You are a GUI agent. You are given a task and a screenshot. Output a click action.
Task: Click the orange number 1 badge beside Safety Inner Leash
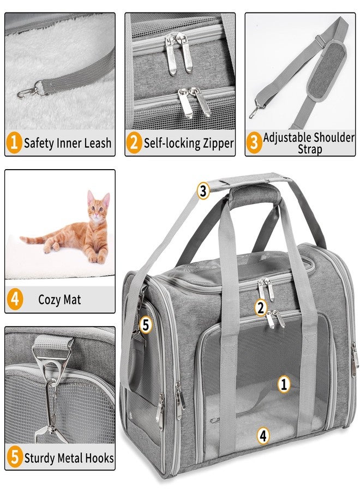click(x=14, y=143)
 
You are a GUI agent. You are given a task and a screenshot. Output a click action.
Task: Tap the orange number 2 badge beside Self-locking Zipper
click(x=134, y=143)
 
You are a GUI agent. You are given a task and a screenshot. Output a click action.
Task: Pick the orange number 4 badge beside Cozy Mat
click(x=14, y=300)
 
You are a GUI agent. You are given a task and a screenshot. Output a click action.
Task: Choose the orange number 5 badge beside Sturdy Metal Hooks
click(x=14, y=458)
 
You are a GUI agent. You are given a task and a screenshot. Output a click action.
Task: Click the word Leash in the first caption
click(x=97, y=143)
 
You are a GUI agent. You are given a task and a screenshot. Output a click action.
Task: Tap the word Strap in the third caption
click(x=310, y=149)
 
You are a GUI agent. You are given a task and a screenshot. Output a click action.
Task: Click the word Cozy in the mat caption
click(x=49, y=300)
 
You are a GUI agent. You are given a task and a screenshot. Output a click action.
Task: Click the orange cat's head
click(x=98, y=206)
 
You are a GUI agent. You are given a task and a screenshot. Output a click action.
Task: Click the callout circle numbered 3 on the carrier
click(x=203, y=190)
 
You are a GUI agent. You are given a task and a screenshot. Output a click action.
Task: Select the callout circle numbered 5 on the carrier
click(x=146, y=325)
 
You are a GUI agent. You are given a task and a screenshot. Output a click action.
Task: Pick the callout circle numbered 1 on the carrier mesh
click(x=284, y=384)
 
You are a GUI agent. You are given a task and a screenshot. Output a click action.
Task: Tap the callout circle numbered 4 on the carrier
click(x=263, y=435)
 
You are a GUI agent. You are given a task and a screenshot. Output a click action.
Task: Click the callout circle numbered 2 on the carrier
click(x=261, y=308)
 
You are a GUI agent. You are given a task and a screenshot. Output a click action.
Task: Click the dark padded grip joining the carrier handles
click(x=254, y=195)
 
